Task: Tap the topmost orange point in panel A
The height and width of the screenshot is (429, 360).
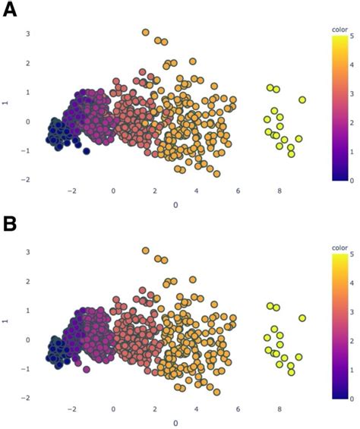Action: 146,33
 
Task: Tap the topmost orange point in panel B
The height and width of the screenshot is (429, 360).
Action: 146,251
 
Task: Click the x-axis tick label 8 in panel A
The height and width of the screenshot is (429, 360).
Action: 279,191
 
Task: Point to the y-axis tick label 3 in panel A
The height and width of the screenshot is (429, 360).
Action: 27,34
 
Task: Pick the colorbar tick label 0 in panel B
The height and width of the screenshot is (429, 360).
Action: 355,398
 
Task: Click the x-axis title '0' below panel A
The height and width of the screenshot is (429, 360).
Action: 176,205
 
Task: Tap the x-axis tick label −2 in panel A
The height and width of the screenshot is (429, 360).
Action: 71,191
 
